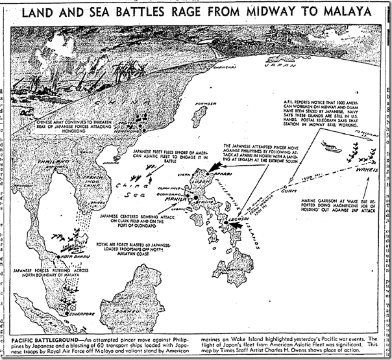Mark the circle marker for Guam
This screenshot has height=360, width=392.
click(x=284, y=189)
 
